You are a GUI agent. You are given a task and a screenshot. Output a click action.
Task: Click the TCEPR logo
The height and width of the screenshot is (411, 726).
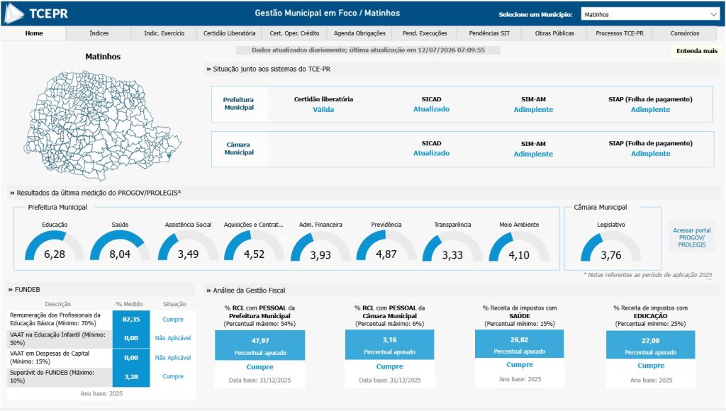(x=36, y=13)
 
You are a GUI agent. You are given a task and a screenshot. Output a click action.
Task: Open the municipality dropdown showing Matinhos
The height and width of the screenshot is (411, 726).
(x=650, y=14)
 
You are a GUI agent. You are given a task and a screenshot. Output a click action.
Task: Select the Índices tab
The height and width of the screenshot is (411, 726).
(x=99, y=33)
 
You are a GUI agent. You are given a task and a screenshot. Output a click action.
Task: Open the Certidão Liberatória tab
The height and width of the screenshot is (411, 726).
(x=229, y=33)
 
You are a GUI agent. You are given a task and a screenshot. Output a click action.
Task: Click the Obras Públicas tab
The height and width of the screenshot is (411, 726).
(x=554, y=33)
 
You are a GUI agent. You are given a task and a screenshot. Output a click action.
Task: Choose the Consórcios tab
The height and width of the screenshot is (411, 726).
(x=685, y=33)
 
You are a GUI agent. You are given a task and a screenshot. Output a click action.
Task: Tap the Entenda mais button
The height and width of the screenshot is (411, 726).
(x=696, y=51)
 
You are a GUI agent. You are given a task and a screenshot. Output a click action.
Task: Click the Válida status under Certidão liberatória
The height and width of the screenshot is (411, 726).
(x=323, y=110)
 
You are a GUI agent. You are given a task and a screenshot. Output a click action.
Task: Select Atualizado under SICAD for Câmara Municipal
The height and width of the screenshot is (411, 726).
(x=431, y=153)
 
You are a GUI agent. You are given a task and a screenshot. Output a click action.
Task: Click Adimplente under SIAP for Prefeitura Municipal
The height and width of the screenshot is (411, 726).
(x=651, y=110)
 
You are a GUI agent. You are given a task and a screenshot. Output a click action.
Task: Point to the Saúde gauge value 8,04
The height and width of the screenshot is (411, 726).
(x=120, y=254)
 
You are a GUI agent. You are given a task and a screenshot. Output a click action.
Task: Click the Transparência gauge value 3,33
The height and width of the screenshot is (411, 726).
(x=452, y=255)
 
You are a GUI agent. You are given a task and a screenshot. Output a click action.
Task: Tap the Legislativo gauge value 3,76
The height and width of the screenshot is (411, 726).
(x=611, y=255)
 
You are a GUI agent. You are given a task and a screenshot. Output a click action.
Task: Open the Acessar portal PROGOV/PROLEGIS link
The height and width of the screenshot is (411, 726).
(x=692, y=237)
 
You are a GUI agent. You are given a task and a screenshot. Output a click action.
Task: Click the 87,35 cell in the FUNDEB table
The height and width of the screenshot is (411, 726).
(x=131, y=320)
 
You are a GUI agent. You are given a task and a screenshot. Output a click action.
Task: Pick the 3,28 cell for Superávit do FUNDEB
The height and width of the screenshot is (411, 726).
(x=131, y=377)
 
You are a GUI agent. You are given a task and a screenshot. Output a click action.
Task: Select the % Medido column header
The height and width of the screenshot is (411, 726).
(x=129, y=304)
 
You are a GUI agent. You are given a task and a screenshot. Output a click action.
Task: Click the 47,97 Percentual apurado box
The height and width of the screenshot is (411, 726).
(x=259, y=345)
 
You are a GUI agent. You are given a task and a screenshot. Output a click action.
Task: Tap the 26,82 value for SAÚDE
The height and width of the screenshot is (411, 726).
(x=520, y=339)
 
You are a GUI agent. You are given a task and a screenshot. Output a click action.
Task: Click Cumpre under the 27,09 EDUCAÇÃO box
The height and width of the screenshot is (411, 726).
(x=651, y=366)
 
